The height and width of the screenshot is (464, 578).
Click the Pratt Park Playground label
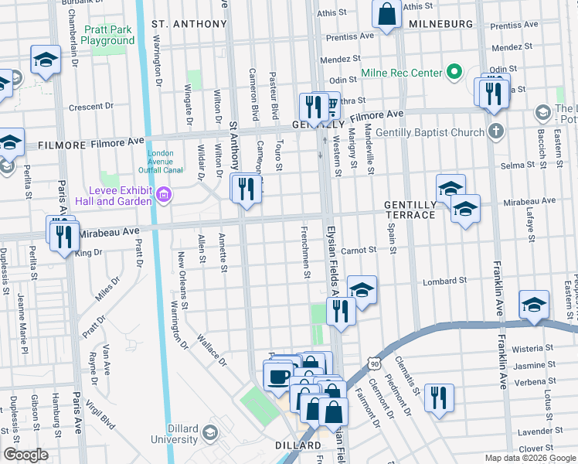(108, 35)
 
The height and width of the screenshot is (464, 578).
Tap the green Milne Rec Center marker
(455, 74)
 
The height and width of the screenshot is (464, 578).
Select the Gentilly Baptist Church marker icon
(495, 131)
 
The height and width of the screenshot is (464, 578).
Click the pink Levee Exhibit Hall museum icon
(163, 195)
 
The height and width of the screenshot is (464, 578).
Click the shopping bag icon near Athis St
(385, 14)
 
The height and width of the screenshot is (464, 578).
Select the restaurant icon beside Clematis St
(439, 398)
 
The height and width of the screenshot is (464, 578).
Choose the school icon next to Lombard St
(361, 289)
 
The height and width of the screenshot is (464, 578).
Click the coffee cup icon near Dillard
(278, 376)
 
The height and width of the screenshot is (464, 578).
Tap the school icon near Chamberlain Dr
(46, 60)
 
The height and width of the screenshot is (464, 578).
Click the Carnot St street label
(359, 251)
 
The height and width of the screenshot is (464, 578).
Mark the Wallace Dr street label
(211, 349)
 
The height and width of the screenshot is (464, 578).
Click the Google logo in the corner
(25, 455)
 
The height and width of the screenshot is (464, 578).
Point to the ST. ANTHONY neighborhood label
(189, 24)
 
